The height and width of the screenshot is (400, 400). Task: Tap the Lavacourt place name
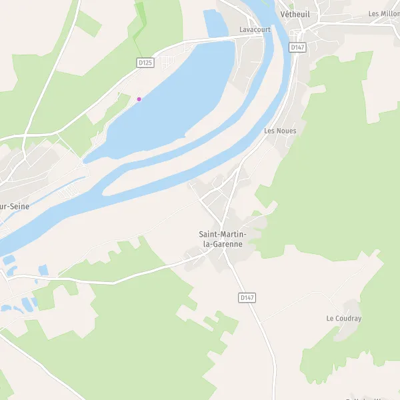coord(255,30)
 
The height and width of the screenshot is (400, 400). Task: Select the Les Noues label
coord(280,131)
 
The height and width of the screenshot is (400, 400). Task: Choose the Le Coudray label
coord(344,319)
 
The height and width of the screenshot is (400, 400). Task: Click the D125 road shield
coord(145,62)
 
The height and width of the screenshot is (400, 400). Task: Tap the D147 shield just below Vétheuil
coord(297,47)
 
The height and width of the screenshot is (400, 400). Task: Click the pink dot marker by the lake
coord(139,99)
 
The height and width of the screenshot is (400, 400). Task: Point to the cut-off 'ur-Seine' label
coord(15,207)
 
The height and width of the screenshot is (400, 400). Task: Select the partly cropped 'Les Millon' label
coord(384,13)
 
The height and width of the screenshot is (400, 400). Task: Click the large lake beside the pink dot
coord(173,100)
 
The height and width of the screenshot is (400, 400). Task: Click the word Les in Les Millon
coord(374,13)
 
